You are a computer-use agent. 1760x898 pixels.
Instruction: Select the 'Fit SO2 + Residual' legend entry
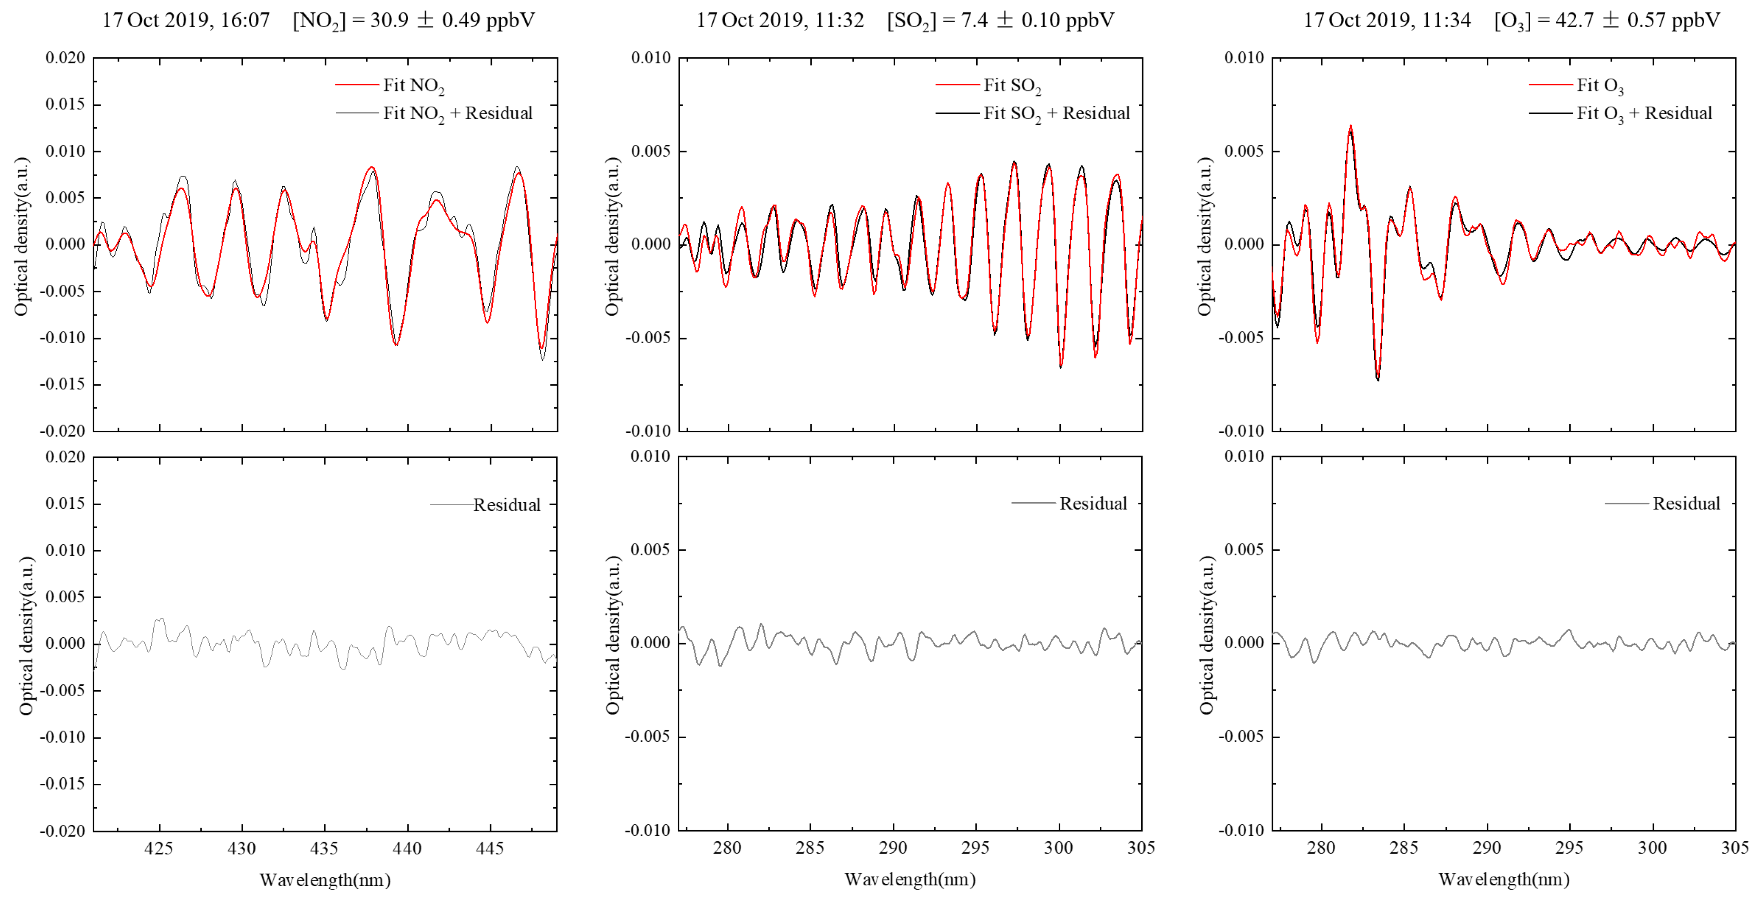[x=1055, y=113]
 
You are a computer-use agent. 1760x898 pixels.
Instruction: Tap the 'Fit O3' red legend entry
[x=1599, y=85]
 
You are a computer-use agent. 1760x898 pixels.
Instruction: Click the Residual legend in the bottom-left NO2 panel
[x=506, y=505]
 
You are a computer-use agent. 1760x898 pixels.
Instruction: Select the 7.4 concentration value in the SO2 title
[x=974, y=20]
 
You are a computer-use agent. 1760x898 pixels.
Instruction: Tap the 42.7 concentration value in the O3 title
[x=1575, y=20]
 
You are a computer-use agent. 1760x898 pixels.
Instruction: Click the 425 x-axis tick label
[x=159, y=848]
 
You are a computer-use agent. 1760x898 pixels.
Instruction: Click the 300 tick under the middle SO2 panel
[x=1059, y=848]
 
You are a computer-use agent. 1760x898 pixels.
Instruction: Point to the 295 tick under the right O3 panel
[x=1569, y=848]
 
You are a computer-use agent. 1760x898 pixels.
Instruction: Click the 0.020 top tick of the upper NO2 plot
[x=65, y=58]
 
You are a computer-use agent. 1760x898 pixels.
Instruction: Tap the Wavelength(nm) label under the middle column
[x=910, y=880]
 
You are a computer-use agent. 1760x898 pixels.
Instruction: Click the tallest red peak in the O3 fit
[x=1351, y=126]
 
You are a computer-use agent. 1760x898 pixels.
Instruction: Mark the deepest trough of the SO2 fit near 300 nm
[x=1060, y=366]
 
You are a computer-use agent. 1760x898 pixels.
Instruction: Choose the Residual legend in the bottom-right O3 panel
[x=1686, y=503]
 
